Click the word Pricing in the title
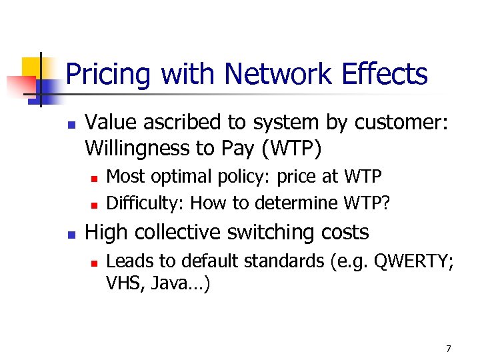tap(107, 74)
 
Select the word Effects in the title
tap(383, 74)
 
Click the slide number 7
tap(448, 349)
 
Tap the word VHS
tap(123, 285)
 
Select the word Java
tap(172, 285)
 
